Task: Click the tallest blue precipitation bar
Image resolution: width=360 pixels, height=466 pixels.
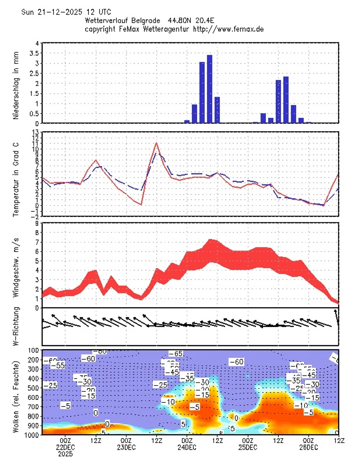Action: (x=209, y=89)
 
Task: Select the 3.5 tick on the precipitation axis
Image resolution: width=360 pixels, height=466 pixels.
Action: (x=37, y=53)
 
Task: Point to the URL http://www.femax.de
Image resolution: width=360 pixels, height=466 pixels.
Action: (x=228, y=29)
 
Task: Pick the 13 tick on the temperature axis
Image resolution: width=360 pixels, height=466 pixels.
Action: (x=36, y=132)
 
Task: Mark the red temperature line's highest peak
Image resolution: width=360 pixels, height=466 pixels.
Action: (x=157, y=143)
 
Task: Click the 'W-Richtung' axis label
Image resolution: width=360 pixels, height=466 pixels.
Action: (x=16, y=326)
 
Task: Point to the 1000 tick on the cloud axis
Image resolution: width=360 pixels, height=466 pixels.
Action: (x=33, y=435)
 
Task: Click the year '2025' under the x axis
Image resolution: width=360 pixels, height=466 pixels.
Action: (x=65, y=454)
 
